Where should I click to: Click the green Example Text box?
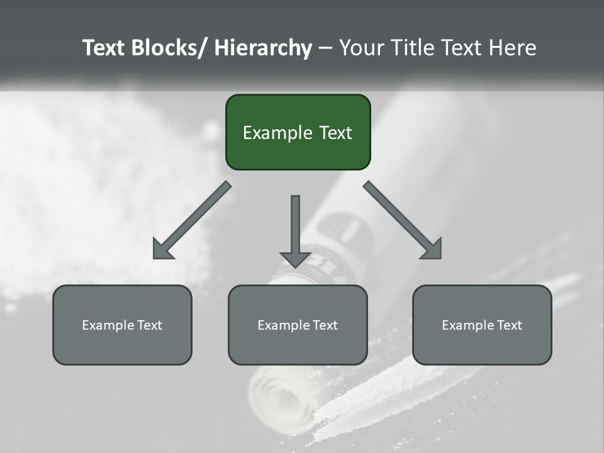click(298, 132)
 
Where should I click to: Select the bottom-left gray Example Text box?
click(122, 325)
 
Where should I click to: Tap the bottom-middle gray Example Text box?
click(298, 325)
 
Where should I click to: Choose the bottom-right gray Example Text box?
click(482, 325)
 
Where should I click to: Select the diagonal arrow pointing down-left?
click(192, 220)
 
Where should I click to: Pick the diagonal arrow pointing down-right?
click(403, 220)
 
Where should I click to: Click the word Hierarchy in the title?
click(263, 48)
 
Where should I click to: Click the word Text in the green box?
click(335, 133)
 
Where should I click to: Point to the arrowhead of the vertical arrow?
click(295, 259)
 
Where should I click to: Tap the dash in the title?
click(325, 48)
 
